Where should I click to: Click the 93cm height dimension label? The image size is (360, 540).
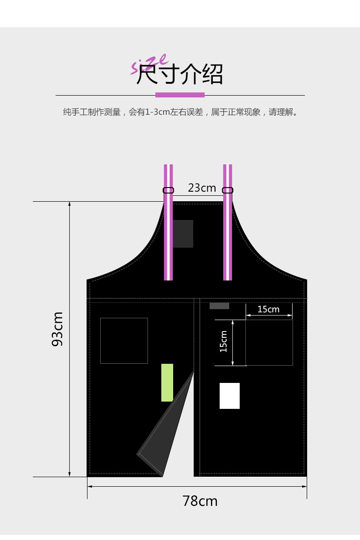click(57, 329)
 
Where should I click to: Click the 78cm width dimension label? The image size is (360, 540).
click(200, 501)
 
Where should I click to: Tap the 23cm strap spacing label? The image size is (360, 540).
click(202, 188)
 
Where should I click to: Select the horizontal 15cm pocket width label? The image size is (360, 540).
click(268, 310)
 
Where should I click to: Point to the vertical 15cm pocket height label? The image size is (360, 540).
click(223, 341)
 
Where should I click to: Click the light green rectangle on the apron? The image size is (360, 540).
click(167, 382)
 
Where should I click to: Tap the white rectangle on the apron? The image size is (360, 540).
click(230, 396)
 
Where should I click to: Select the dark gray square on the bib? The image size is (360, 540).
click(183, 234)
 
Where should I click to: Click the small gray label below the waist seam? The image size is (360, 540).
click(219, 306)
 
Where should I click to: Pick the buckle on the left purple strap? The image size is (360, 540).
click(168, 190)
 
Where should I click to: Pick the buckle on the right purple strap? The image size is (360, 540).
click(228, 190)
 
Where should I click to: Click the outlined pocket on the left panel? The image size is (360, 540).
click(124, 341)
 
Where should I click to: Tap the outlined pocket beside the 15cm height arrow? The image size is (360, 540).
click(269, 342)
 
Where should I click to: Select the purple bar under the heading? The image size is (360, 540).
click(180, 95)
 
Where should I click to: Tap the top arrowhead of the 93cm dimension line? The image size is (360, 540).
click(69, 204)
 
